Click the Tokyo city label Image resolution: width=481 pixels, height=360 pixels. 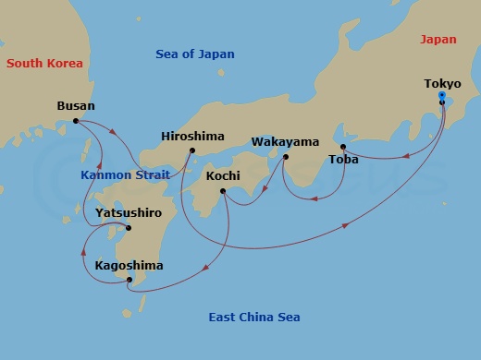[442, 84]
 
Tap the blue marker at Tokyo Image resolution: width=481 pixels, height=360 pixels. [442, 96]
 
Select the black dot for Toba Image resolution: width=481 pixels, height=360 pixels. [343, 147]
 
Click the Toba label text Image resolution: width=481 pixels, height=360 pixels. [343, 161]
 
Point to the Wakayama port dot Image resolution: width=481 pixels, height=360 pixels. [285, 156]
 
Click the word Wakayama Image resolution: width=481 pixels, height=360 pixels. [285, 142]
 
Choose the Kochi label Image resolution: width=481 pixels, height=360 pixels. [225, 174]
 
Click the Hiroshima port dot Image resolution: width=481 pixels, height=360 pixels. [192, 150]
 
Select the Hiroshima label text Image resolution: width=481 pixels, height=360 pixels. [192, 136]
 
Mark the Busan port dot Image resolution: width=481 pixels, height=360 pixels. [76, 121]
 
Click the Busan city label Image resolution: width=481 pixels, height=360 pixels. [76, 106]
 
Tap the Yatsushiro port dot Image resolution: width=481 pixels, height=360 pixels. [129, 228]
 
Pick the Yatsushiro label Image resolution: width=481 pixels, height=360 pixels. [129, 212]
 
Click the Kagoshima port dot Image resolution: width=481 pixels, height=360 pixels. [129, 280]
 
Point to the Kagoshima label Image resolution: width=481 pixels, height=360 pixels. [129, 266]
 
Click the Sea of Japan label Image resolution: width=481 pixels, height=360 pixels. [195, 54]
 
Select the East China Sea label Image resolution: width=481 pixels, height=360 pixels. [254, 318]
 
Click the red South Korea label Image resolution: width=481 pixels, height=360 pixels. [44, 64]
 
